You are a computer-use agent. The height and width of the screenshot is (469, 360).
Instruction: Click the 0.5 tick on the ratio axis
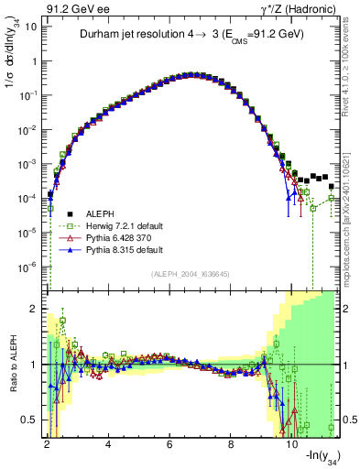(x=31, y=420)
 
